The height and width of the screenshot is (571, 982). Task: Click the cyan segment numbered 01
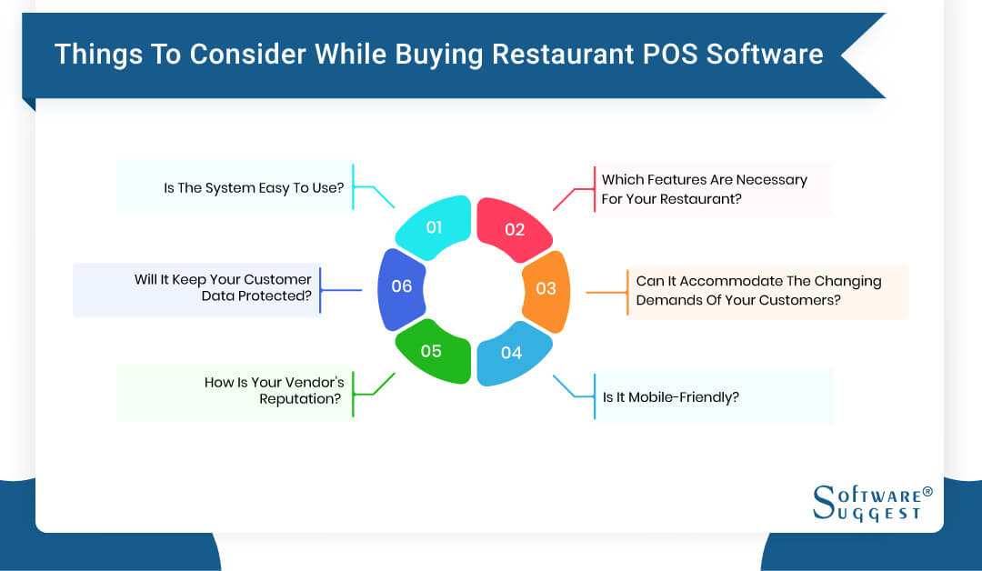[x=435, y=228]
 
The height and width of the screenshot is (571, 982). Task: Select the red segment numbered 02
[x=514, y=229]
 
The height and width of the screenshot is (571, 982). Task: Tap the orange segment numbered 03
[x=546, y=289]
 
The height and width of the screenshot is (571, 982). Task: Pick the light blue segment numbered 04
[x=512, y=352]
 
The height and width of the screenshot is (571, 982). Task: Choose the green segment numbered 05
[x=432, y=350]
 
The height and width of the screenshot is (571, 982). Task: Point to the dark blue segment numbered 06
[x=401, y=286]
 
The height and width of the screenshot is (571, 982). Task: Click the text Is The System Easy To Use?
[x=254, y=188]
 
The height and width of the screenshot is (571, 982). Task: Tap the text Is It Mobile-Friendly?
[x=671, y=396]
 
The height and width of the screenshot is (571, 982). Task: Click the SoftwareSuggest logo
[x=867, y=502]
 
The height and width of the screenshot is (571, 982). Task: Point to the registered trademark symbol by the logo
[x=927, y=491]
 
